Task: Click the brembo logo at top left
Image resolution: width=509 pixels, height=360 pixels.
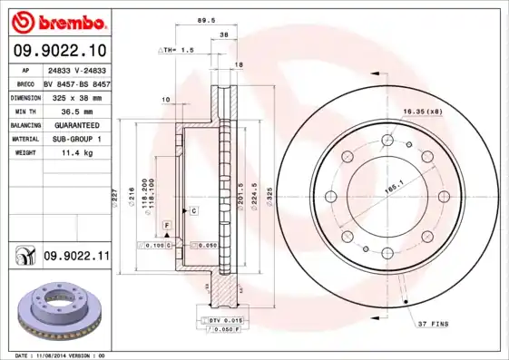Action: [57, 20]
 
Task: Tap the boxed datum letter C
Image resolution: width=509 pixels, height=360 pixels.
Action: [192, 210]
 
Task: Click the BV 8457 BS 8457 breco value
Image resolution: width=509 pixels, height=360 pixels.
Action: [76, 83]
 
